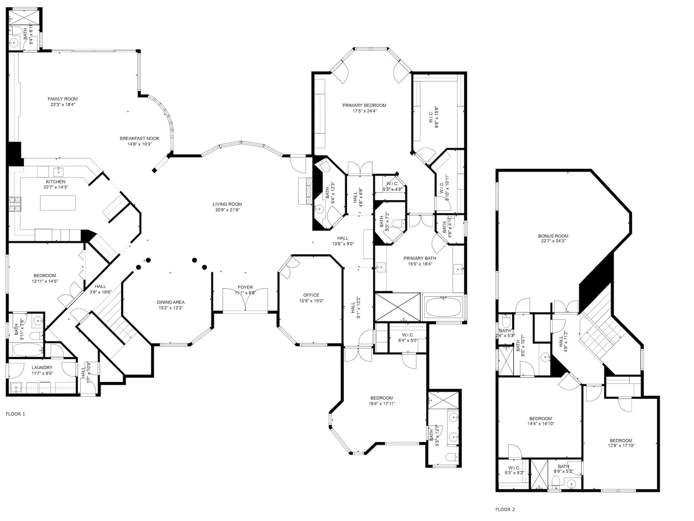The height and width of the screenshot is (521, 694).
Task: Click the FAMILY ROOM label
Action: pos(63,99)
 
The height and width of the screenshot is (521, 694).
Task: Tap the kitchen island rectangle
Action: pos(58,203)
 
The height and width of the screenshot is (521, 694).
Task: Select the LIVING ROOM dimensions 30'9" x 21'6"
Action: pos(227,210)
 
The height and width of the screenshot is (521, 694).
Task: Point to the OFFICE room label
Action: pos(311,295)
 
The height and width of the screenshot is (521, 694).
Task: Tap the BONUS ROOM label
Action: pos(553,236)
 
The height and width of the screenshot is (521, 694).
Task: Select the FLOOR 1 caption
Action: pos(16,414)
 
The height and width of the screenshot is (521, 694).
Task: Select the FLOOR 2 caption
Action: pos(505,509)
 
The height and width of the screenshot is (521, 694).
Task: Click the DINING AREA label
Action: pos(171,302)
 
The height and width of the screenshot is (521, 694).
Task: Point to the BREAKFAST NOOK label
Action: pos(139,138)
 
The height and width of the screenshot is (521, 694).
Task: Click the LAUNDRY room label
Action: pos(42,367)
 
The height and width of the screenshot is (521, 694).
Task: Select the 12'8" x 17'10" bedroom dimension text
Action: pos(621,445)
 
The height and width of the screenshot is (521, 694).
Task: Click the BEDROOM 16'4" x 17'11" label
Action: pos(382,398)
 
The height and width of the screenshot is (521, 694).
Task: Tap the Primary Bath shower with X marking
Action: pos(398,307)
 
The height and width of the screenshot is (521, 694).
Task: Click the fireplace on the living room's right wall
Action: pos(305,191)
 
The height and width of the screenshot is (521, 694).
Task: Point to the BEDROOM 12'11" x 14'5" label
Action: pos(45,275)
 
